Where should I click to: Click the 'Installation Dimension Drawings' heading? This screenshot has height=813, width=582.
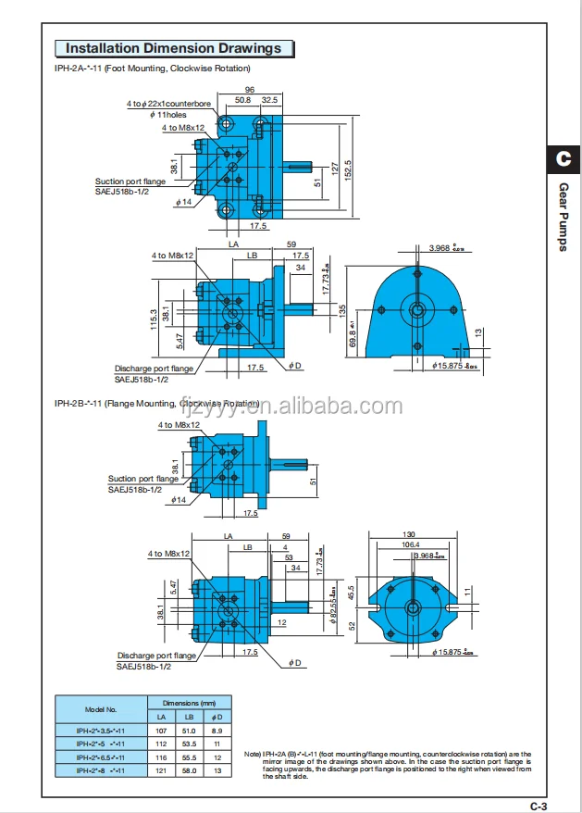(x=173, y=48)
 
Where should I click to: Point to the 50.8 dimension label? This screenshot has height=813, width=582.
(x=243, y=99)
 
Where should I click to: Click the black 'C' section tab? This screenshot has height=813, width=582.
(x=563, y=159)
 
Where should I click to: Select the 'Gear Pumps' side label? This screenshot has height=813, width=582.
(x=563, y=217)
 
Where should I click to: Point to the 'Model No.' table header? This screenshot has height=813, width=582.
(x=99, y=710)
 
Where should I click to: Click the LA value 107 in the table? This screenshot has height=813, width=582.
(x=160, y=731)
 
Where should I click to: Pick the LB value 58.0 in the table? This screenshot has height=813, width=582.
(x=189, y=769)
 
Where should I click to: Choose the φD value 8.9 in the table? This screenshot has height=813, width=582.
(x=217, y=731)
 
